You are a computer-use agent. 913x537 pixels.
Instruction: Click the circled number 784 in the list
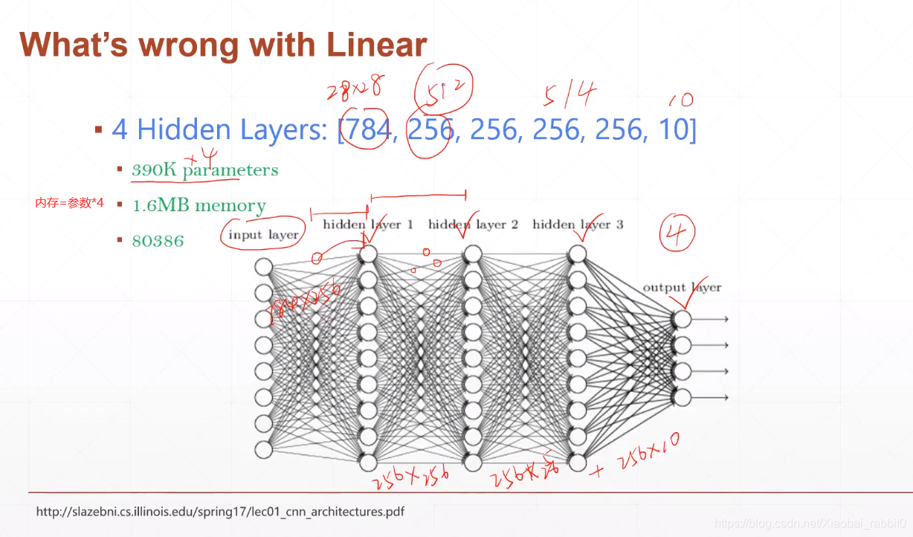367,131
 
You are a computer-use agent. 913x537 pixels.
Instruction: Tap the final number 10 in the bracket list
674,131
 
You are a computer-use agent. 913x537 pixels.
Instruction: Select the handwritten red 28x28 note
354,90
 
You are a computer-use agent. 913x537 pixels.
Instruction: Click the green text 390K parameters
204,170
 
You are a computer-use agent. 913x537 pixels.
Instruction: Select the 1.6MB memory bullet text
199,205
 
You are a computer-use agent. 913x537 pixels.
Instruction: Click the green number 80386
157,241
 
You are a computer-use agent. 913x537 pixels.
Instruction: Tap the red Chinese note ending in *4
69,202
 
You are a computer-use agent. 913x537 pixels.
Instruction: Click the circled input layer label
263,234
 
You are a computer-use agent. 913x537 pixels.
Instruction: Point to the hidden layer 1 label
367,224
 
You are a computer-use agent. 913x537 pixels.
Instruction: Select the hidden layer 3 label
578,224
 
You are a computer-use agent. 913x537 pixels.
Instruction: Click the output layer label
682,287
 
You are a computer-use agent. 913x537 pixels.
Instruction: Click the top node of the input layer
263,266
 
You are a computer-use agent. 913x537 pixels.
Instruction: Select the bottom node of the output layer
682,397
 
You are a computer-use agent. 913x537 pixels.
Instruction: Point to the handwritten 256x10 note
647,449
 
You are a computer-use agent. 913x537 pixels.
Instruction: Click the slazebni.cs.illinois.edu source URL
220,512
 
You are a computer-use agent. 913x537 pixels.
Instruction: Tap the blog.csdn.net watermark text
810,524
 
